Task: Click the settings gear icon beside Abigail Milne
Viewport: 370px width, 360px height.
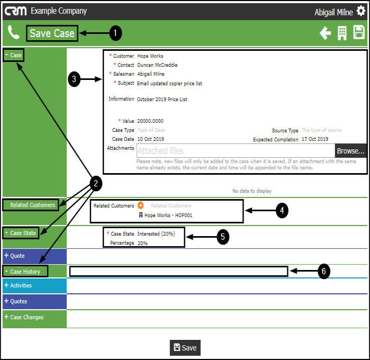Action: (361, 11)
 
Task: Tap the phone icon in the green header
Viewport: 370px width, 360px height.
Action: (14, 33)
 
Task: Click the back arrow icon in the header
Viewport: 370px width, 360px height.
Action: (325, 33)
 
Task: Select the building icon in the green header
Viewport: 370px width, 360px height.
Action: (342, 33)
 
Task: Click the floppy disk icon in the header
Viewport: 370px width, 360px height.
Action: (359, 33)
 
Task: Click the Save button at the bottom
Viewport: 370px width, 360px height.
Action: (185, 348)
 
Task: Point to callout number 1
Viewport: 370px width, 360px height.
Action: (115, 33)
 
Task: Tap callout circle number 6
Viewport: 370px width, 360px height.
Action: (324, 271)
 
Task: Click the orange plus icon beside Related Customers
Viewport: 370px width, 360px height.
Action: (141, 205)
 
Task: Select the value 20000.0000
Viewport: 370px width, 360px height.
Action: (150, 121)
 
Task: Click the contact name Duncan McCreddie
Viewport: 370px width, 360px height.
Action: (157, 65)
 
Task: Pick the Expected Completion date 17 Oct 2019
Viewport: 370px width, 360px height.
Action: (315, 139)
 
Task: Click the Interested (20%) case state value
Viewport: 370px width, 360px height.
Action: (156, 233)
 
